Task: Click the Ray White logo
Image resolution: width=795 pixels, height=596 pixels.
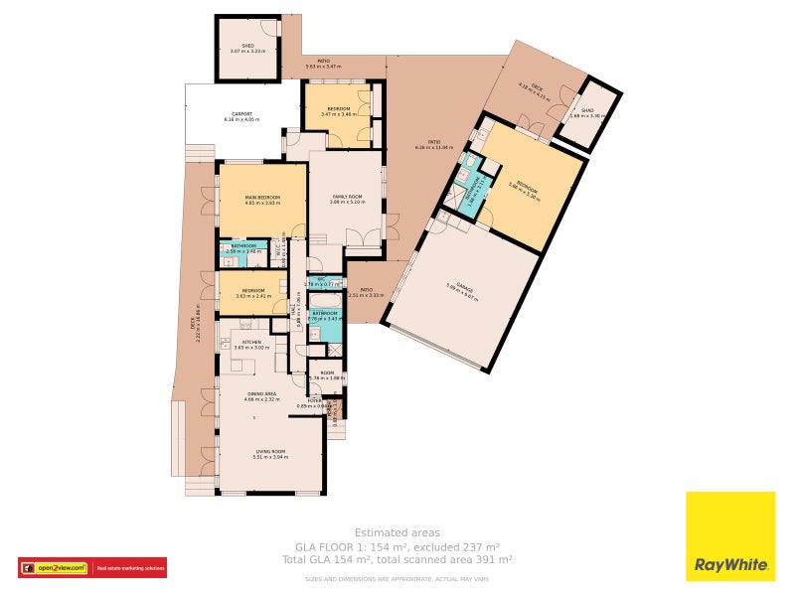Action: point(730,536)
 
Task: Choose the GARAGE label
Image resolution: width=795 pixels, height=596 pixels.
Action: point(462,288)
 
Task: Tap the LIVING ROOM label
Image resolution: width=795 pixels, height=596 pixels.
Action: point(270,454)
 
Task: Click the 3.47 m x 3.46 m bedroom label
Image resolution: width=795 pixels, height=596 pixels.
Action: point(338,110)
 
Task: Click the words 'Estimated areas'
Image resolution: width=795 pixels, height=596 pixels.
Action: point(397,532)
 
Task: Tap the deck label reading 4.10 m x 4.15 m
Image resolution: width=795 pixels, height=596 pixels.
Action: point(536,86)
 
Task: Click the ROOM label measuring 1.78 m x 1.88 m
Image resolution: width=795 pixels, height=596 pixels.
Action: point(326,375)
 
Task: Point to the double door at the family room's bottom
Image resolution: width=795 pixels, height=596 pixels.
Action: point(362,238)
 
